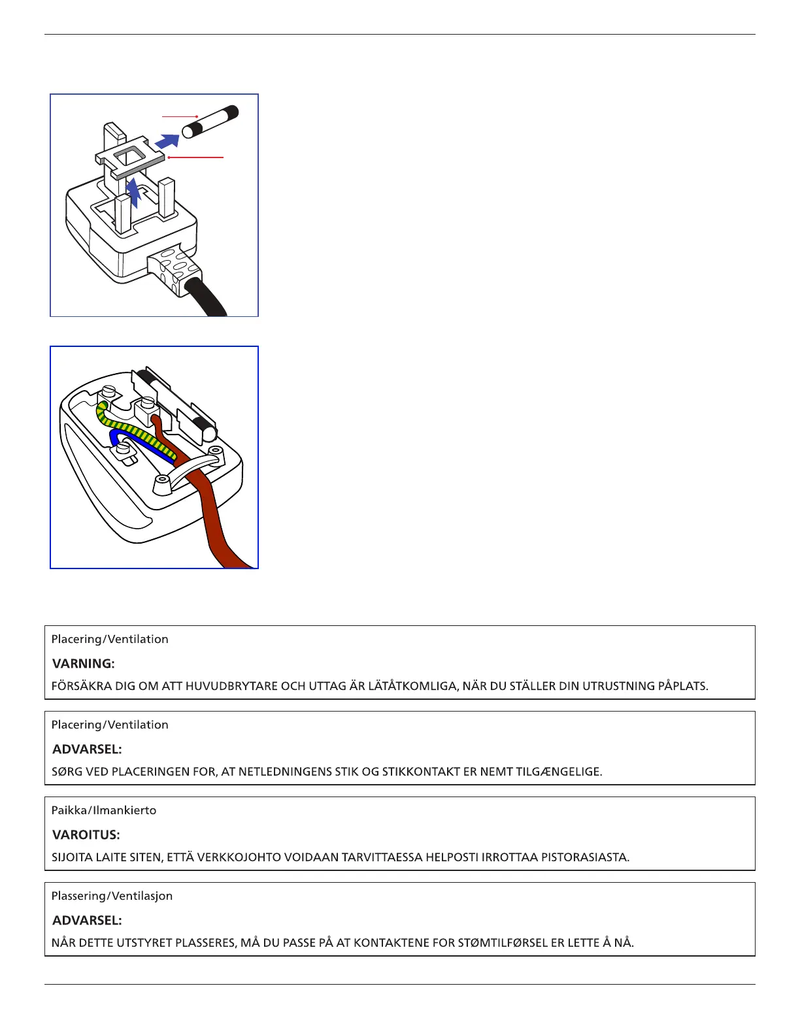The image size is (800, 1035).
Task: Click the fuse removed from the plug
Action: click(210, 122)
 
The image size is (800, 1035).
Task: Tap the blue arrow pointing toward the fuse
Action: click(167, 140)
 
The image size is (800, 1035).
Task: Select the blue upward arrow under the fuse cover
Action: click(133, 193)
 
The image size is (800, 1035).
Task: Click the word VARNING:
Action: click(83, 664)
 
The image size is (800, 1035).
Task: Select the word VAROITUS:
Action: click(86, 835)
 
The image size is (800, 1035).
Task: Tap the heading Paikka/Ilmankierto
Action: click(104, 810)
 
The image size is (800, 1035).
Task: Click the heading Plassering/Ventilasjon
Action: click(112, 896)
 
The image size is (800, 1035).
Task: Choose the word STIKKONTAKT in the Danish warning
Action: click(421, 772)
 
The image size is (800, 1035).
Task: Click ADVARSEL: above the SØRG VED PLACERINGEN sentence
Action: click(87, 749)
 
